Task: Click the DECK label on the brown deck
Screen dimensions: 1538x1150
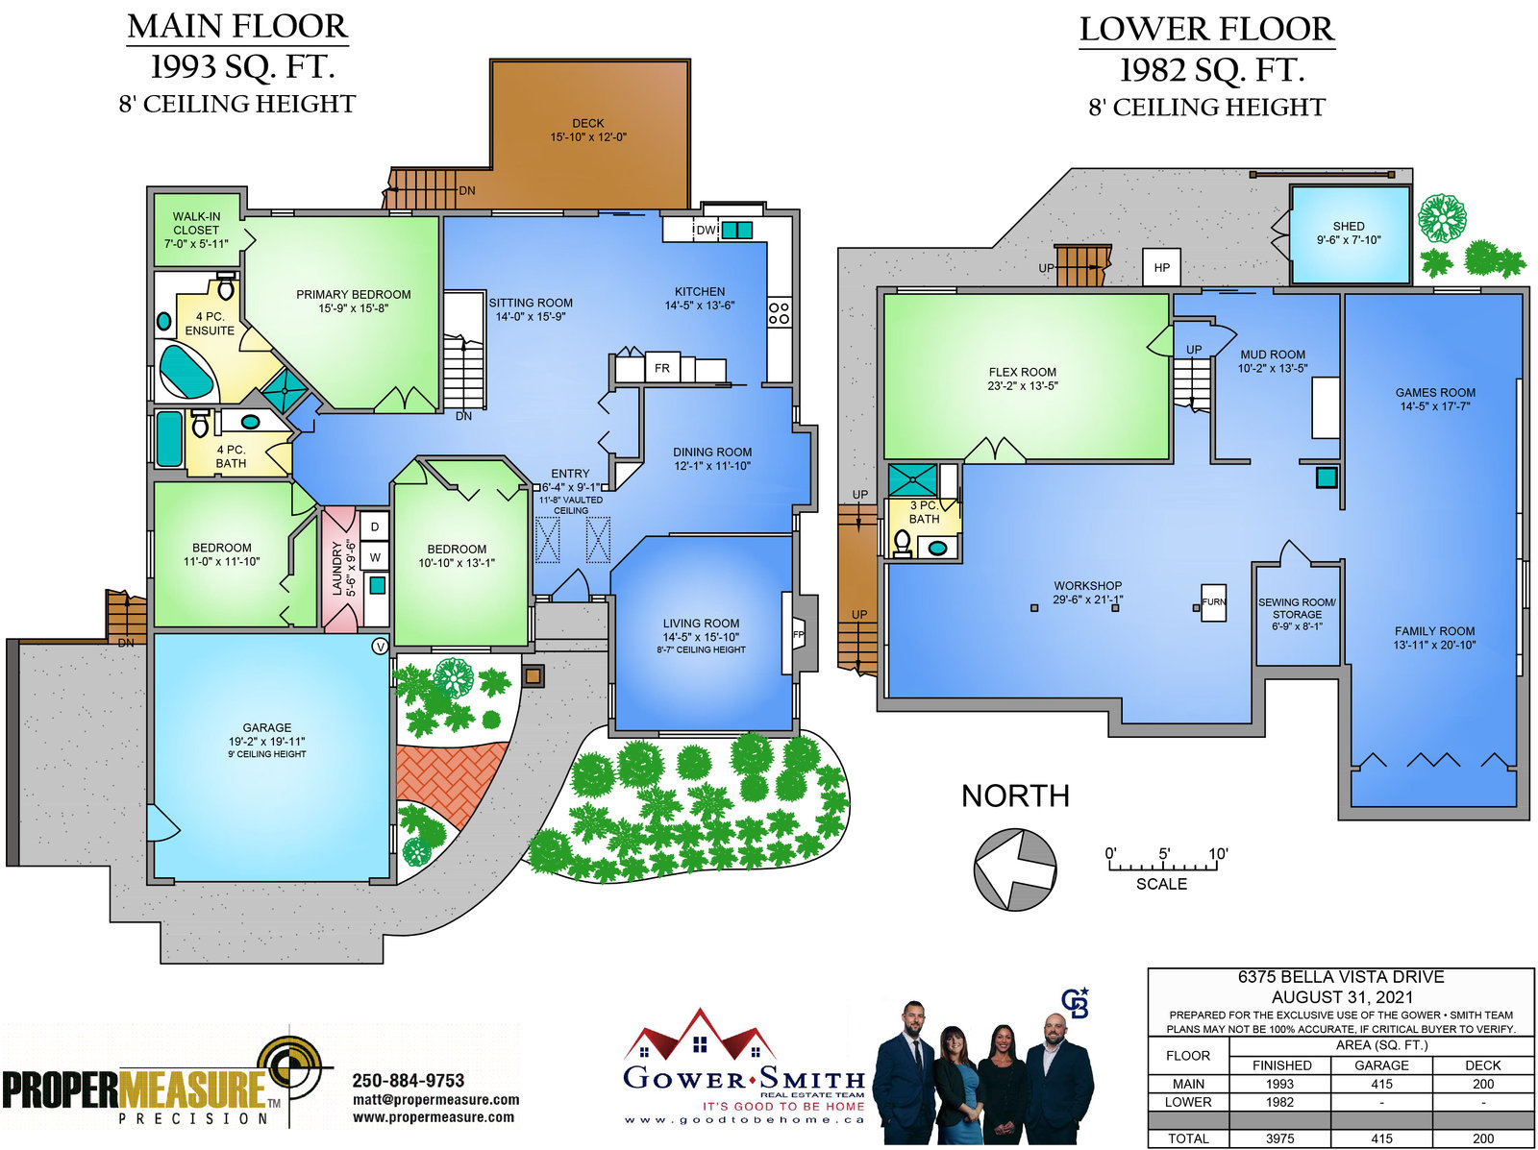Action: click(x=587, y=123)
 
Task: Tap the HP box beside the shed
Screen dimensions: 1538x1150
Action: click(x=1161, y=267)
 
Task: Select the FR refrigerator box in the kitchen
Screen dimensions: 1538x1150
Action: click(x=661, y=368)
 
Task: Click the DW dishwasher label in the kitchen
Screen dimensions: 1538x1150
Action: click(x=706, y=231)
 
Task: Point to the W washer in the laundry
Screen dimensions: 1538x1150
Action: click(x=375, y=557)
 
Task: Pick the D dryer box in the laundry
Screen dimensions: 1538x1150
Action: click(x=375, y=526)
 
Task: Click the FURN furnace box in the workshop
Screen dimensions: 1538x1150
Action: click(x=1214, y=602)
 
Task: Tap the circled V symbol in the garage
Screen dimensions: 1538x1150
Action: click(x=380, y=646)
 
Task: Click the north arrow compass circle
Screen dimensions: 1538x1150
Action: click(x=1014, y=869)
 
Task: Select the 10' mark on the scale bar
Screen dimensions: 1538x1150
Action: click(x=1218, y=854)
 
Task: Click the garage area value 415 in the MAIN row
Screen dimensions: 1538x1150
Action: click(x=1381, y=1084)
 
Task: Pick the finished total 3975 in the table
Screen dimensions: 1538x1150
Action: click(x=1279, y=1138)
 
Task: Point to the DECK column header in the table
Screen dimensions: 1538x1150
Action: click(x=1482, y=1065)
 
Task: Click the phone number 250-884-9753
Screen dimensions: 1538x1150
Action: click(x=408, y=1081)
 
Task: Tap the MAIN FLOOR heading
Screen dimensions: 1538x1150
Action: click(x=236, y=27)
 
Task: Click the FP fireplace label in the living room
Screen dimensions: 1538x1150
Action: click(x=798, y=634)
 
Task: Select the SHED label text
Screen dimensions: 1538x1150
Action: click(x=1348, y=226)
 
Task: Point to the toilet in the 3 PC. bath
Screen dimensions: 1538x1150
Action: click(x=903, y=543)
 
